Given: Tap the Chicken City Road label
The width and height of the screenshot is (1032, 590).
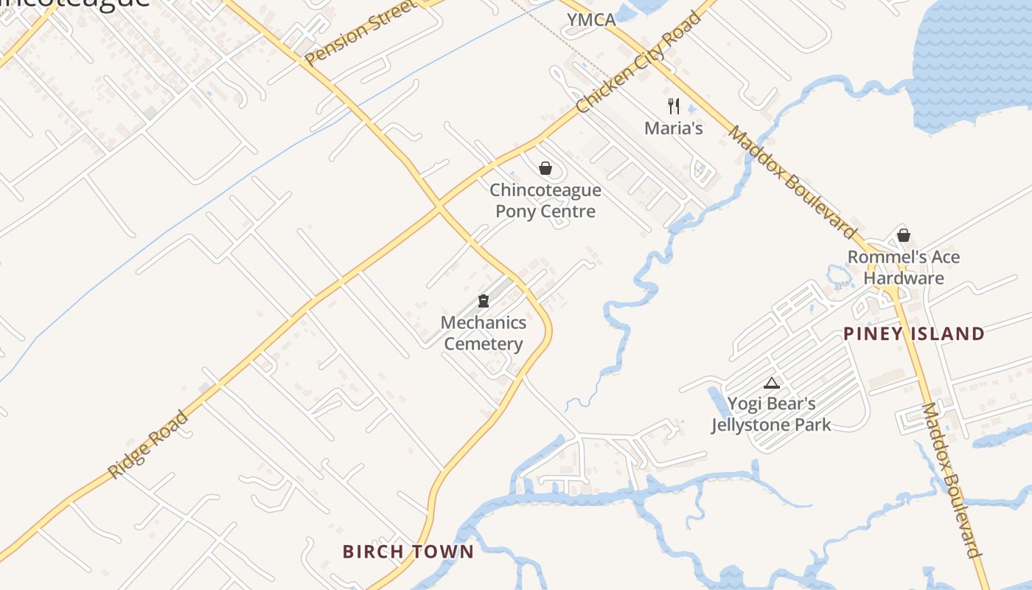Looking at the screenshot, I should [638, 63].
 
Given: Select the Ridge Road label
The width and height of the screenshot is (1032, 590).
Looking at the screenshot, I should [148, 444].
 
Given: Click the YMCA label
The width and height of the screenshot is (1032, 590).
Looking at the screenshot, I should [591, 20].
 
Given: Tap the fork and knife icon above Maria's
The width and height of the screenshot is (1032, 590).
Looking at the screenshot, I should [673, 105].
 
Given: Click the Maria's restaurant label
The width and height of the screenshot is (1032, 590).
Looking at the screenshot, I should [674, 128].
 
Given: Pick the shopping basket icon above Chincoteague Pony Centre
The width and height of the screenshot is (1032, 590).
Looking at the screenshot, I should [545, 168].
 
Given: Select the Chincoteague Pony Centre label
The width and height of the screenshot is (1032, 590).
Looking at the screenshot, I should [545, 201].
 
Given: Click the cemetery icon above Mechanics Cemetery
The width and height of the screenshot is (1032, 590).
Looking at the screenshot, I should [484, 301].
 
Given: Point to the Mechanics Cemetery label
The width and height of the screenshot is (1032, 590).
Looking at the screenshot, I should [484, 333].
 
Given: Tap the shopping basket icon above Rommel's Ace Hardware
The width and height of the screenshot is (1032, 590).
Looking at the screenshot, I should [904, 235].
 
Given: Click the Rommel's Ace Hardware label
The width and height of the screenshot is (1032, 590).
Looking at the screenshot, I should [904, 268].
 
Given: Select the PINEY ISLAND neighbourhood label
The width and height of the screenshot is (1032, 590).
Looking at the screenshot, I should [914, 334].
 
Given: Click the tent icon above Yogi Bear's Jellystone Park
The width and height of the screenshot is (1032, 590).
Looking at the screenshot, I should [772, 383].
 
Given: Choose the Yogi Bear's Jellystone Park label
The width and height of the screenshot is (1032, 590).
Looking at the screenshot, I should [771, 414].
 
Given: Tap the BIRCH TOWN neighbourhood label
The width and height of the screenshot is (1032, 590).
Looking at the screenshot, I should [408, 552].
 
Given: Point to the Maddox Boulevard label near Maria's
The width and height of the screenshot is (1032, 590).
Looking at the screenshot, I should [793, 181].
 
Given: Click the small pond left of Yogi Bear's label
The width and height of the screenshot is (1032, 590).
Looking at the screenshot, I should [715, 402].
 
